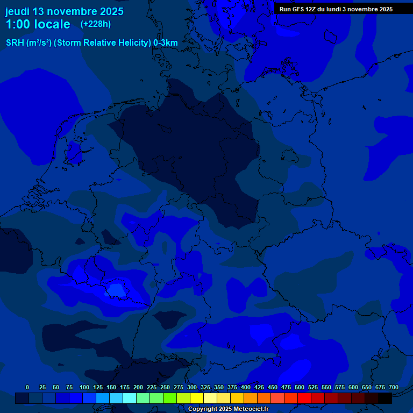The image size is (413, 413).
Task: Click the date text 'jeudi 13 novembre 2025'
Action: tap(64, 11)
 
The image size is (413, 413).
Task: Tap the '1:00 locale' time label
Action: tap(38, 25)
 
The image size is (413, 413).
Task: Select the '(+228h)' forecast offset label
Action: tap(96, 24)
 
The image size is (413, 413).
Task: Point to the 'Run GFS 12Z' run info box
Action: tap(336, 9)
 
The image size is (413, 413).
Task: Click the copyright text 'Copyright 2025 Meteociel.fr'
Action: tap(228, 409)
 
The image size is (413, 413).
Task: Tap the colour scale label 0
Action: tap(27, 388)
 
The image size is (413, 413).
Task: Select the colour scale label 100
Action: tap(84, 388)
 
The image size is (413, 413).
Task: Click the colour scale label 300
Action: tap(192, 388)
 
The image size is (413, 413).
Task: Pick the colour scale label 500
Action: tap(300, 388)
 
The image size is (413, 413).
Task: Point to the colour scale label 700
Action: tap(393, 388)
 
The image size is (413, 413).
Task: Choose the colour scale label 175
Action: tap(124, 388)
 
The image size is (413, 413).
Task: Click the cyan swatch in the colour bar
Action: tap(130, 398)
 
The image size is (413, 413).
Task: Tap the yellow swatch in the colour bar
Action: tap(197, 398)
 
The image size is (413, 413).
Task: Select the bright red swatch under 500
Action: tap(304, 398)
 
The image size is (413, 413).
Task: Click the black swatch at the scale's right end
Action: tap(385, 398)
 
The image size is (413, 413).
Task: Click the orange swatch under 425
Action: tap(251, 398)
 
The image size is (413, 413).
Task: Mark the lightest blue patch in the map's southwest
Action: tap(115, 290)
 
